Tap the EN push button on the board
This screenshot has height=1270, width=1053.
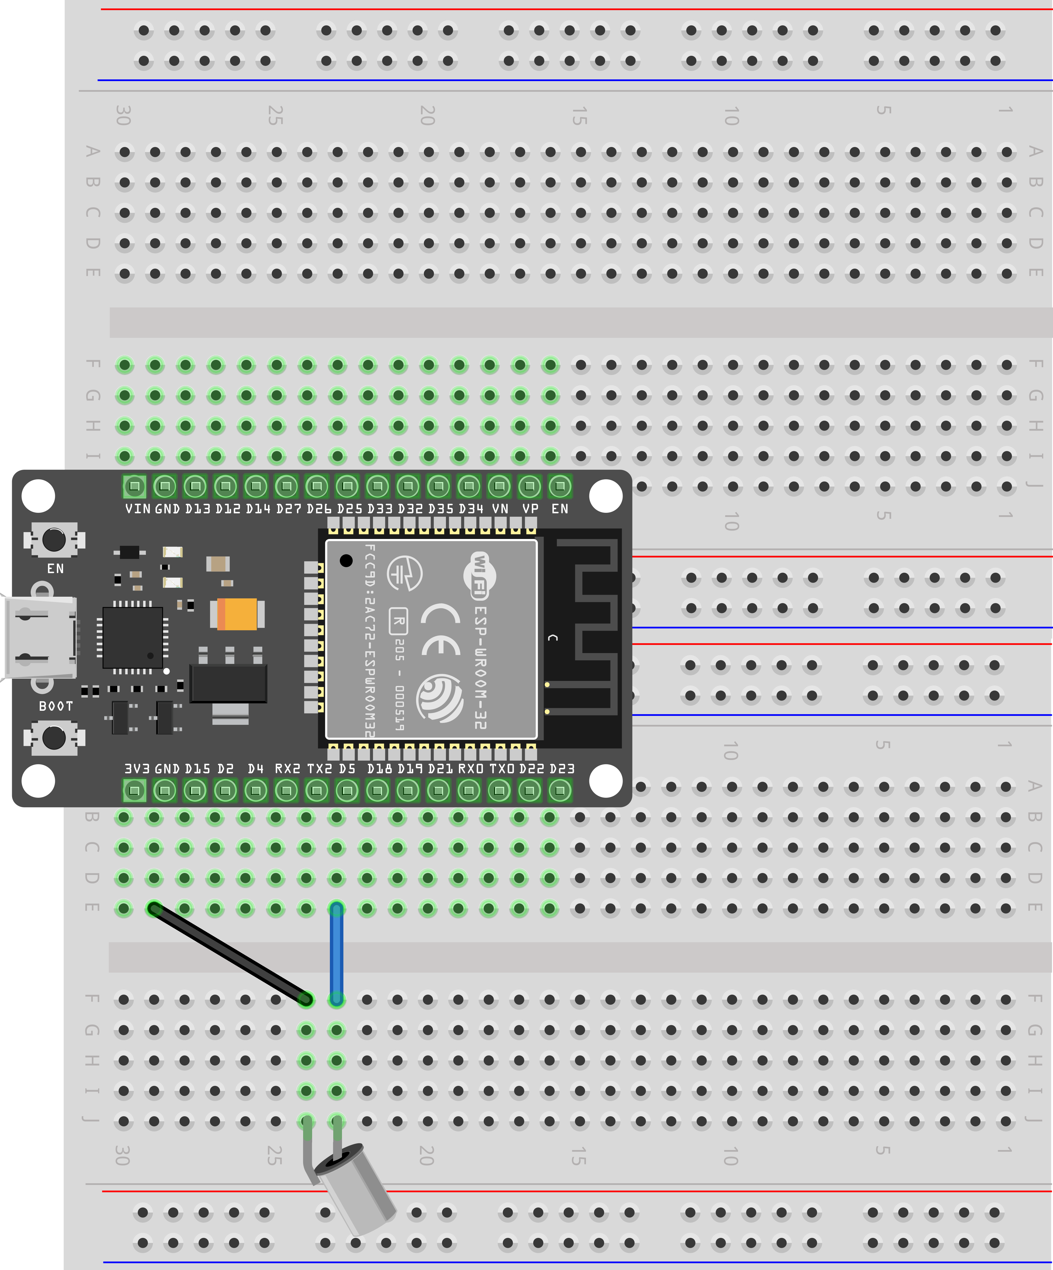pyautogui.click(x=54, y=540)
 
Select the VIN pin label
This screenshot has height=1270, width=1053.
pyautogui.click(x=137, y=509)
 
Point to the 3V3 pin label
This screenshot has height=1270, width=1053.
pyautogui.click(x=137, y=769)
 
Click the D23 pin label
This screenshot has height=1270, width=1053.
pyautogui.click(x=562, y=769)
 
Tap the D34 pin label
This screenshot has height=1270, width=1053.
pyautogui.click(x=470, y=509)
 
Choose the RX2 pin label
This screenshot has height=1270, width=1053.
pyautogui.click(x=287, y=769)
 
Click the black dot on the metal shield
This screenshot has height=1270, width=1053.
pyautogui.click(x=346, y=561)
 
